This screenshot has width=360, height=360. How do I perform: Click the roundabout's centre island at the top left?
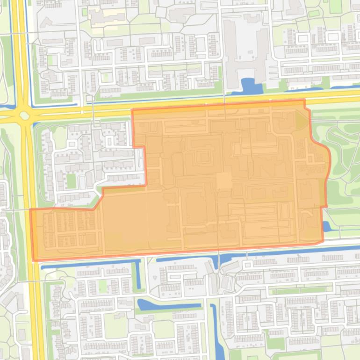coord(24,115)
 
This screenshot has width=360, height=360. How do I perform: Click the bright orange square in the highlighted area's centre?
coord(223,180)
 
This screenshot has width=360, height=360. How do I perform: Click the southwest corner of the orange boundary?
coord(34,260)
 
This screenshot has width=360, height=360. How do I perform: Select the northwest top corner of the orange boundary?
coord(133,111)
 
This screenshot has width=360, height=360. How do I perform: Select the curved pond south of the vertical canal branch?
coord(161,306)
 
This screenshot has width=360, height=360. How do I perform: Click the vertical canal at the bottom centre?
coord(214,327)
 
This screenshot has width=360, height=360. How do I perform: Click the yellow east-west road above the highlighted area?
coord(187,104)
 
